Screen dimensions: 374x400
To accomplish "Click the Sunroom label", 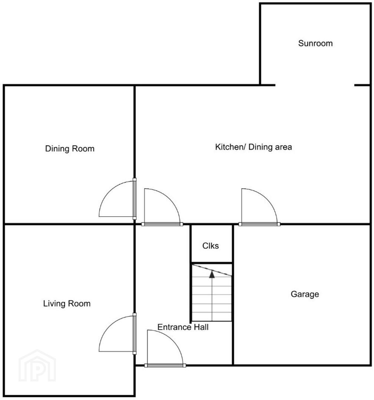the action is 315,43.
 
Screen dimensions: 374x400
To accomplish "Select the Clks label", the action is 211,246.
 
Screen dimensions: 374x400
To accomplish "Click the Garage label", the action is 305,294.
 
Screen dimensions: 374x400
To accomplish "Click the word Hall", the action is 201,327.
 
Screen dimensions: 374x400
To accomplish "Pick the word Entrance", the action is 175,327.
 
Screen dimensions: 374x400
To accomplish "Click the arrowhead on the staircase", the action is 212,274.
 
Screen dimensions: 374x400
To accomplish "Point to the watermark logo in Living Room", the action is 37,366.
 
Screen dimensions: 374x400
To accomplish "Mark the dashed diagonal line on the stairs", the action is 212,270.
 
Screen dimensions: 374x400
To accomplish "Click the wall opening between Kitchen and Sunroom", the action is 315,85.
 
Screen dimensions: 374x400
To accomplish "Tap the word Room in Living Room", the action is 79,304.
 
